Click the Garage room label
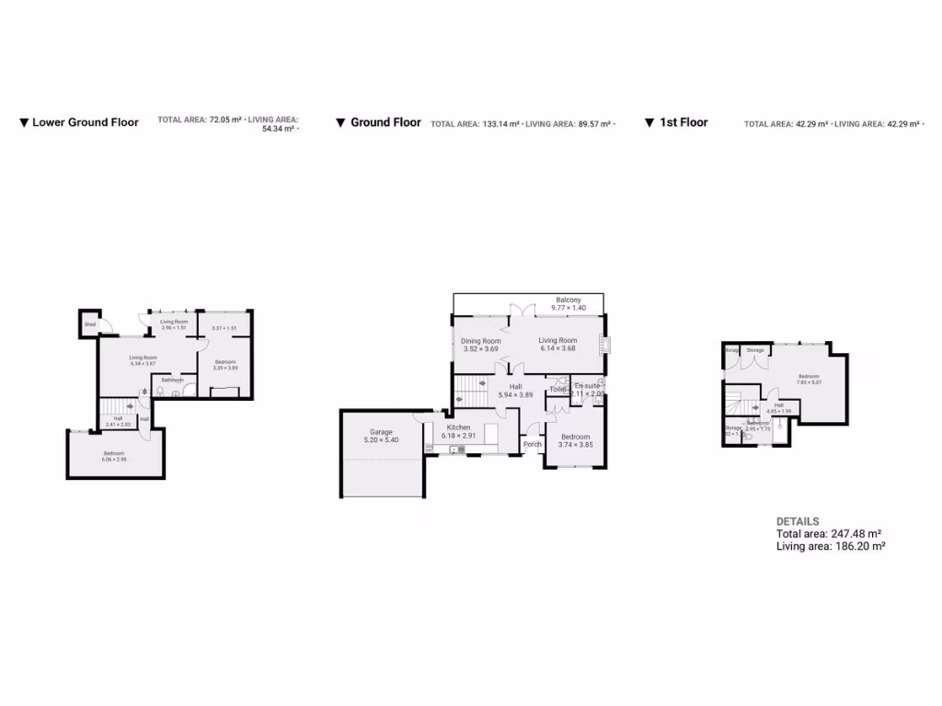[x=381, y=431]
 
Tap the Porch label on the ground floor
[x=532, y=444]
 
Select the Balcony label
[x=568, y=300]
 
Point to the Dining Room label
[x=480, y=341]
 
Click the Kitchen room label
[x=458, y=427]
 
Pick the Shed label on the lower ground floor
[x=90, y=325]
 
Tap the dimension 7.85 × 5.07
[x=809, y=383]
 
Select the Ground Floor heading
[x=385, y=122]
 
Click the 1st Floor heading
[x=683, y=122]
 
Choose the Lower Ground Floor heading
[x=85, y=122]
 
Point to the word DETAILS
[x=798, y=521]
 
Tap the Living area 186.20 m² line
[x=831, y=546]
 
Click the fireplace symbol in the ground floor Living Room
[x=604, y=344]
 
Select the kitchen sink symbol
[x=454, y=449]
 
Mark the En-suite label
[x=587, y=385]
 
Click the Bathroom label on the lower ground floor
[x=172, y=380]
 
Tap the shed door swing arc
[x=105, y=324]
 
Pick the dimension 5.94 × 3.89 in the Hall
[x=515, y=394]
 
